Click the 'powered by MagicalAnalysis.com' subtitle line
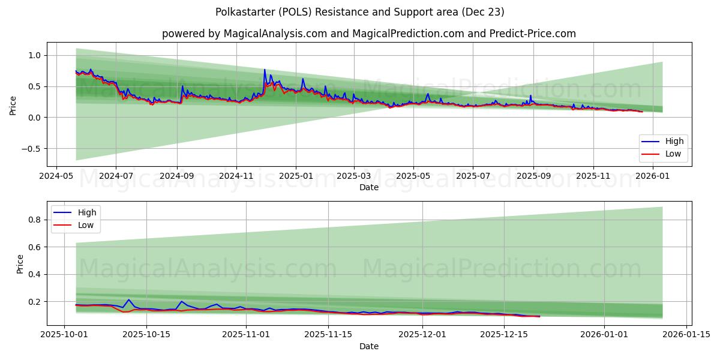click(x=368, y=34)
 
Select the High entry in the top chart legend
click(x=674, y=142)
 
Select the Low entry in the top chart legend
click(x=673, y=154)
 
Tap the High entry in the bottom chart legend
click(x=87, y=212)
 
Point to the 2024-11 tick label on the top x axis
click(x=236, y=177)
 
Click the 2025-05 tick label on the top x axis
click(x=413, y=177)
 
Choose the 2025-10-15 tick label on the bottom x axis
click(x=146, y=334)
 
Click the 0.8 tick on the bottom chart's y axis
click(x=35, y=220)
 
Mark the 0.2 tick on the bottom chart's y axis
click(x=35, y=302)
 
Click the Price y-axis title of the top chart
click(x=13, y=105)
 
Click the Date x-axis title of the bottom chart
click(x=368, y=346)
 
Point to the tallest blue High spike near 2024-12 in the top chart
click(x=265, y=70)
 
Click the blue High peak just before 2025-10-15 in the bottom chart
click(x=128, y=299)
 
